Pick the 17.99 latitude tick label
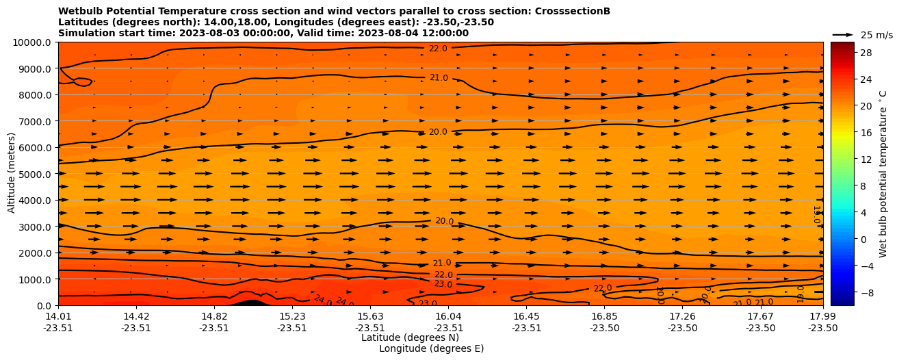click(822, 316)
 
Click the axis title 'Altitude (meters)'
click(12, 174)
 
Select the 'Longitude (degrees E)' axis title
click(431, 348)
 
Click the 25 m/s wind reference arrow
click(843, 34)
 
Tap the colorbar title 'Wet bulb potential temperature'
click(883, 174)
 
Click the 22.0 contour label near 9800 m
click(438, 49)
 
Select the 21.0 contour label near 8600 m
click(439, 78)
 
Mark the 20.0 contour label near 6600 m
click(438, 132)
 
